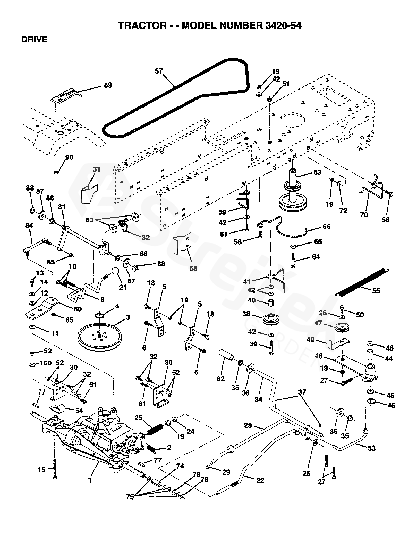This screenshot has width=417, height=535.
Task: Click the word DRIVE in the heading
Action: (35, 40)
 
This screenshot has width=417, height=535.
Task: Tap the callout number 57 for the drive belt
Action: (159, 71)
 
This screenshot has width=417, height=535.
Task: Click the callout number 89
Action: (108, 85)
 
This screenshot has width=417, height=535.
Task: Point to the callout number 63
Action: (317, 172)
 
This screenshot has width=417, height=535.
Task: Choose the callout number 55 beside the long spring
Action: (376, 291)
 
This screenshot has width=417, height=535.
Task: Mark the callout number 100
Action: (46, 363)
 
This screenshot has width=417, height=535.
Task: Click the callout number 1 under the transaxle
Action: (90, 480)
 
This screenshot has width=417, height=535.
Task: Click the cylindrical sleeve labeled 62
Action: (226, 356)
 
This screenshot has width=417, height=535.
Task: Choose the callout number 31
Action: (97, 169)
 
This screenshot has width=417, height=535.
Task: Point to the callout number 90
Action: (69, 157)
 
